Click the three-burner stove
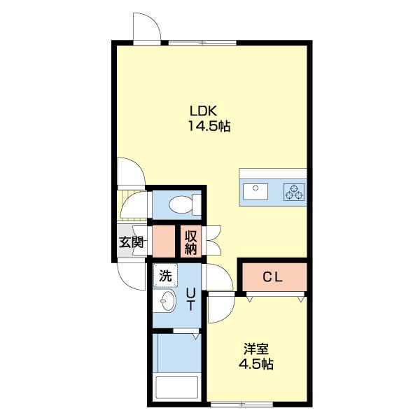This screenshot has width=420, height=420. coord(294,192)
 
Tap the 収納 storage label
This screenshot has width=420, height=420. coord(192,242)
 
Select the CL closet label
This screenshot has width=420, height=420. coord(272,277)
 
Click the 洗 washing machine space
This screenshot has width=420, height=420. coord(164,276)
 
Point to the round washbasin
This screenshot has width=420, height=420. coord(168,302)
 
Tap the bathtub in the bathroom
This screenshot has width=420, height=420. coord(177,388)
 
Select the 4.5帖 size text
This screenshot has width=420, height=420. coord(255,365)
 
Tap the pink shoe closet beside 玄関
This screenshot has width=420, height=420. coord(164,241)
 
